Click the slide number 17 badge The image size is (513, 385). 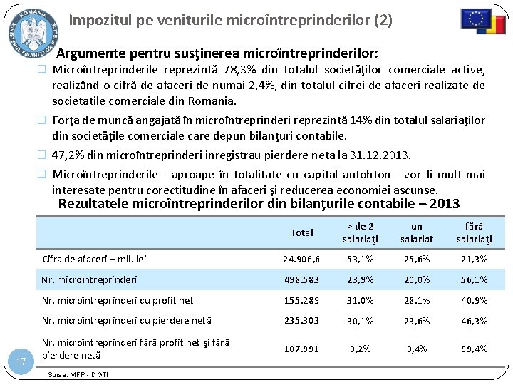pyautogui.click(x=21, y=362)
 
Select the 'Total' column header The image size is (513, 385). pyautogui.click(x=302, y=232)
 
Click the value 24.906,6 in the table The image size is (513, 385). pyautogui.click(x=302, y=260)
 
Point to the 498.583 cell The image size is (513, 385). pyautogui.click(x=302, y=280)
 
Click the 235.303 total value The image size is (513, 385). pyautogui.click(x=302, y=321)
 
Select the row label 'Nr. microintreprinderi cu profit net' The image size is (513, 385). pyautogui.click(x=118, y=301)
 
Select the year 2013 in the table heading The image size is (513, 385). pyautogui.click(x=445, y=203)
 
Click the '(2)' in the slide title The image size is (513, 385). pyautogui.click(x=383, y=20)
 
